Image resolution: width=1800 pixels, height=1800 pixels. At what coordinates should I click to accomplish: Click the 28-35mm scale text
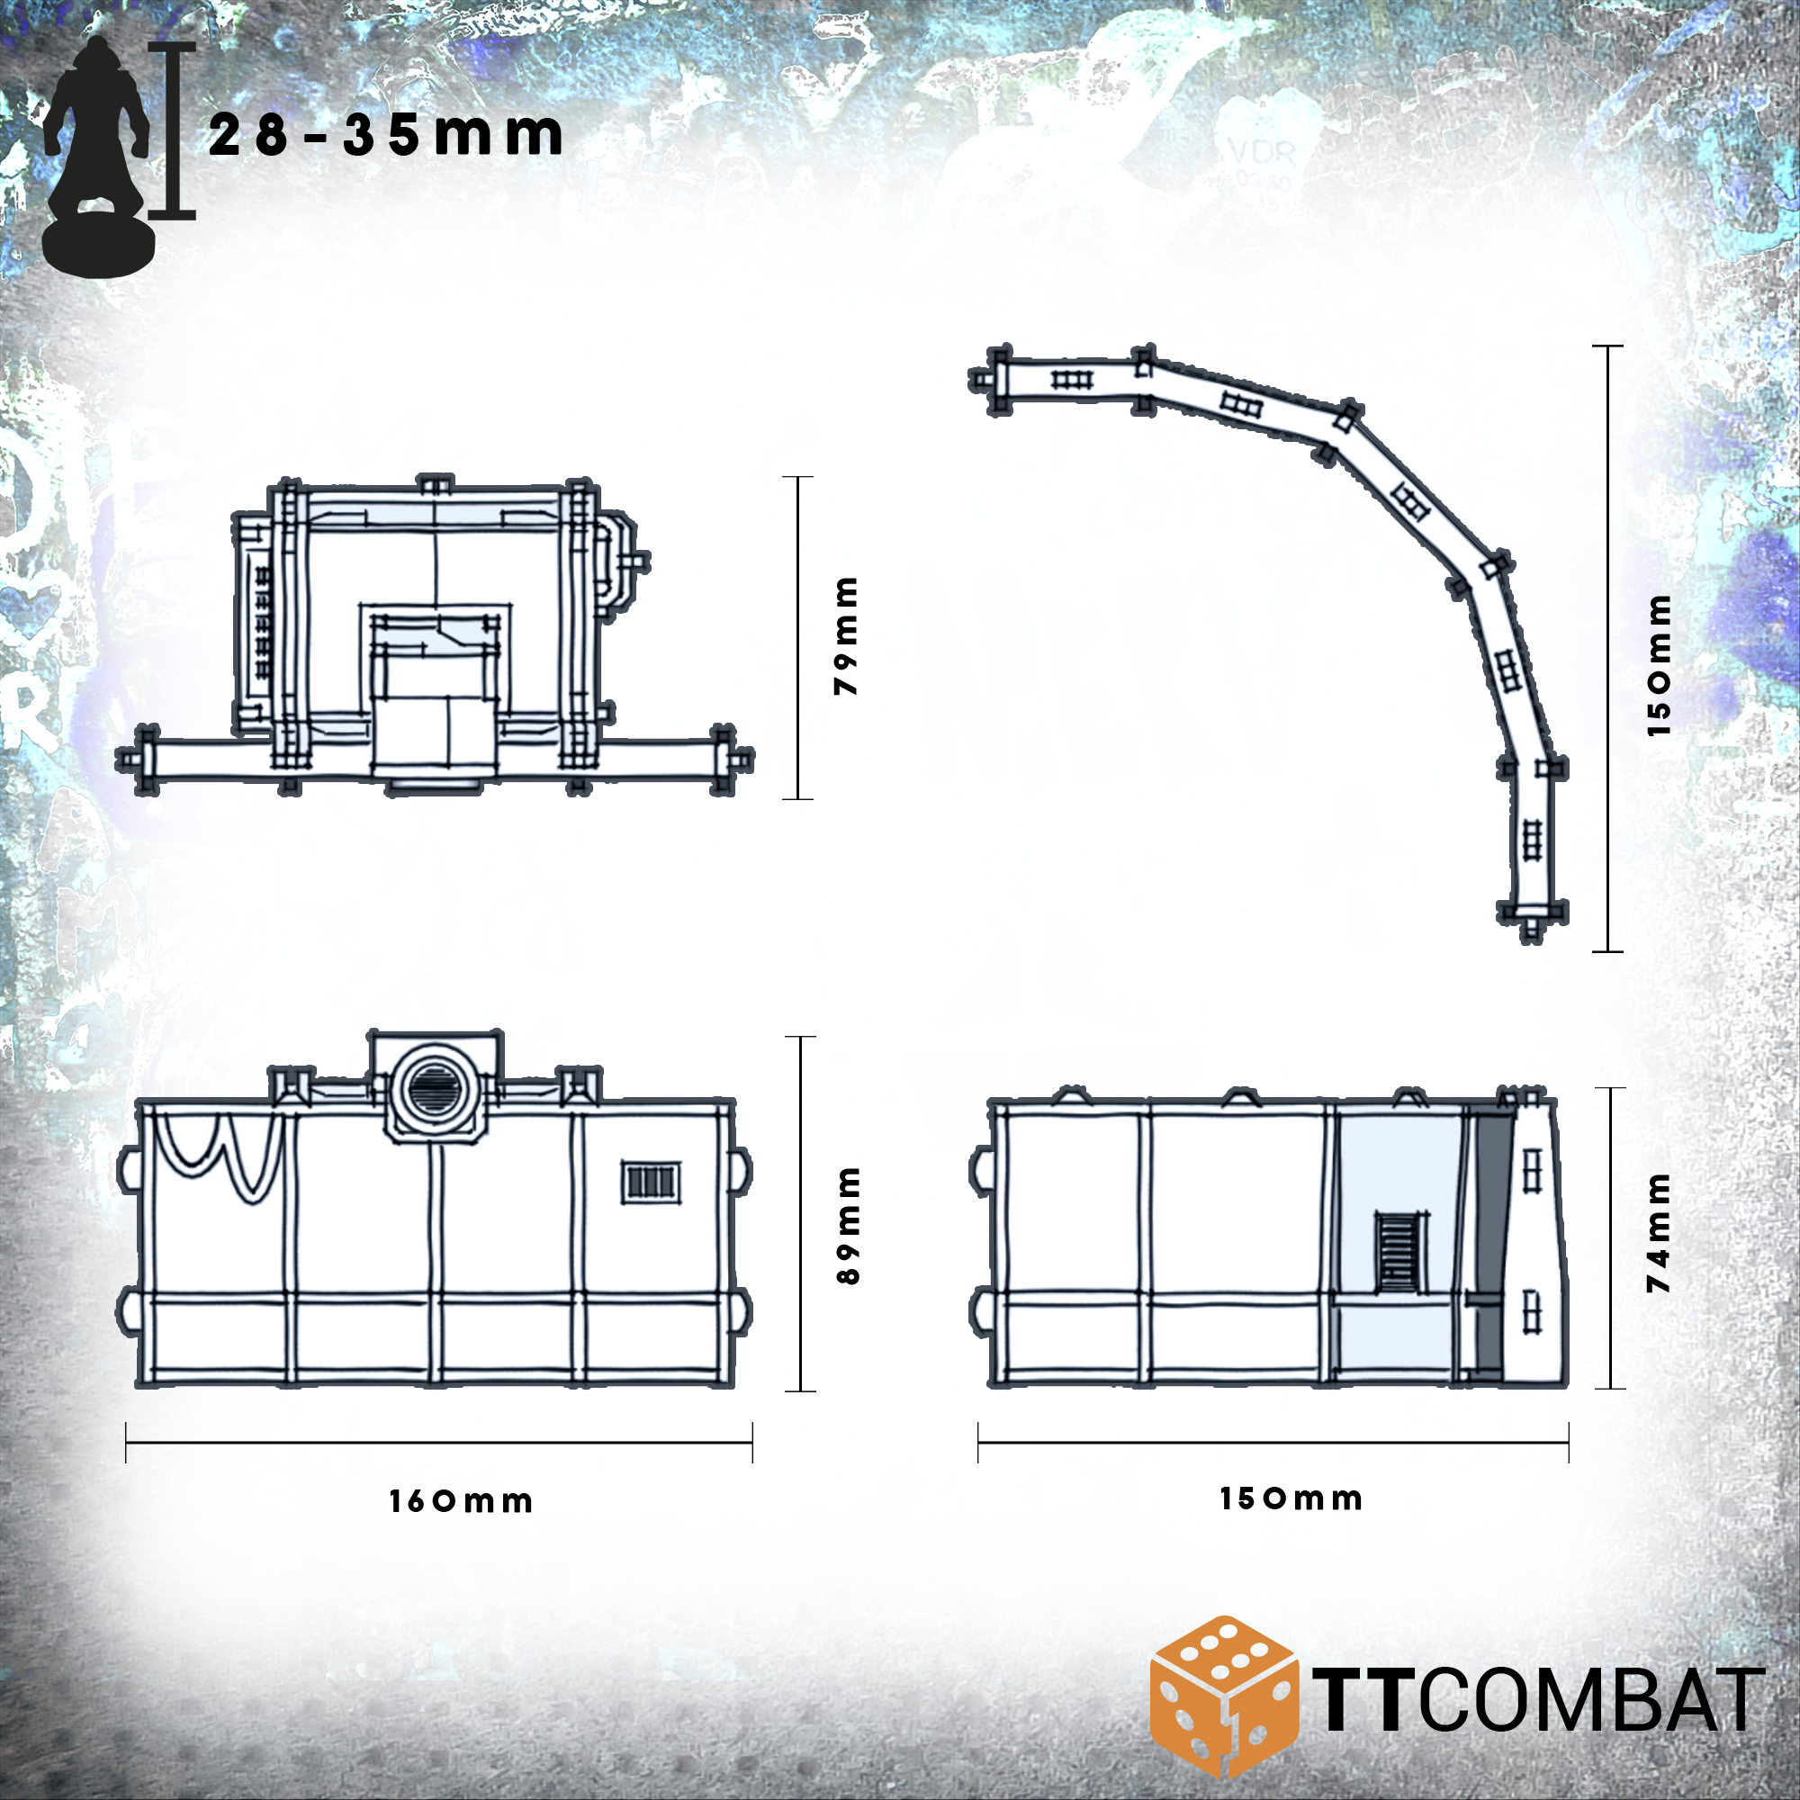(385, 135)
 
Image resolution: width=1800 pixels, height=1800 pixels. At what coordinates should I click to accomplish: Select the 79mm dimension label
(846, 635)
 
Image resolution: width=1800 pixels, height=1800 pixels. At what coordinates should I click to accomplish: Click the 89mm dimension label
(849, 1225)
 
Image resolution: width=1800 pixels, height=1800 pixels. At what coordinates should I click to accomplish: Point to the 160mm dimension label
(461, 1502)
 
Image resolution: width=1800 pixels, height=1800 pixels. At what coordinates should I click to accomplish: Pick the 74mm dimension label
(1659, 1232)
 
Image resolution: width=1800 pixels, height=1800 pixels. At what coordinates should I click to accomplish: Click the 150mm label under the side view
(1291, 1498)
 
